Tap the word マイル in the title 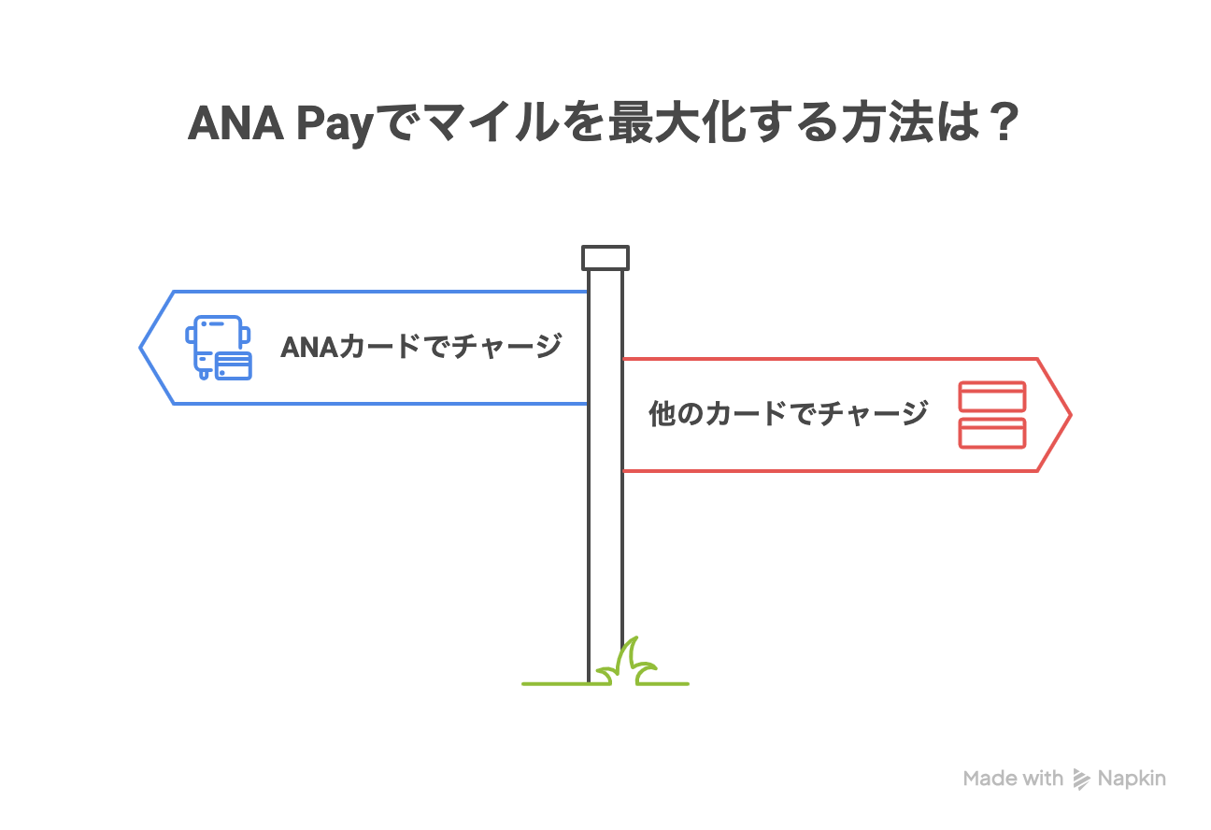(472, 125)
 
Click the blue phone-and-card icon (219, 348)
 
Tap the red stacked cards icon (992, 414)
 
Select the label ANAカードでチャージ (420, 347)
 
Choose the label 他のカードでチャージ (788, 413)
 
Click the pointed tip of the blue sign (143, 348)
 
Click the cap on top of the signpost (605, 257)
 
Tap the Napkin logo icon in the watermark (1082, 779)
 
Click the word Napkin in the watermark (1132, 779)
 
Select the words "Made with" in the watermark (1013, 779)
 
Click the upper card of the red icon (992, 397)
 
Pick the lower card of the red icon (992, 433)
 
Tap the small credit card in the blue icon (233, 365)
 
